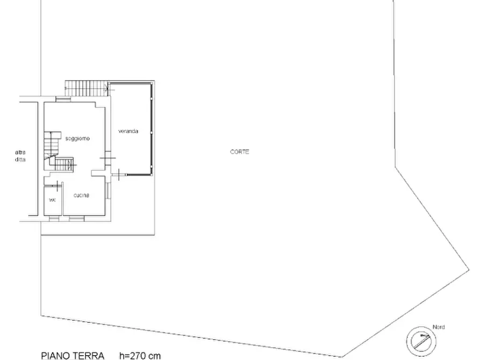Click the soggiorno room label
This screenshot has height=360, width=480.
[x=77, y=139]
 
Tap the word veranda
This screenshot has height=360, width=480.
[x=128, y=131]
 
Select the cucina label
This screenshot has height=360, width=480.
[x=81, y=195]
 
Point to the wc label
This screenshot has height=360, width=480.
[x=52, y=200]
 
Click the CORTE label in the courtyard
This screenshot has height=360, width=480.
[x=239, y=152]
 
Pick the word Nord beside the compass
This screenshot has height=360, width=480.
[x=439, y=327]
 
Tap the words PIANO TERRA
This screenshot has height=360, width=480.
[x=73, y=356]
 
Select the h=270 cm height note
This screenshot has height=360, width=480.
[x=140, y=356]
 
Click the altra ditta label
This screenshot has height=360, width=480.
[x=20, y=156]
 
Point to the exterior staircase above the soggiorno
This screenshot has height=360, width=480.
[x=87, y=88]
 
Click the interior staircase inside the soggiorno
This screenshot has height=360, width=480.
[x=58, y=152]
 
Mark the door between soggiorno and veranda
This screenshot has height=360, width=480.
[x=108, y=159]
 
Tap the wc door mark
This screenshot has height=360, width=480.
[x=57, y=185]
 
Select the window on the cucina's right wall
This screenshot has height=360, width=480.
[x=108, y=190]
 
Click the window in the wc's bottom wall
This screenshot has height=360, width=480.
[x=54, y=218]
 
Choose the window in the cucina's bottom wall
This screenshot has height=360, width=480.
[x=76, y=218]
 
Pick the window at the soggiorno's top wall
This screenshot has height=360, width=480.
[x=63, y=99]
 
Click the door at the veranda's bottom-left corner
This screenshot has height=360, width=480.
[x=118, y=175]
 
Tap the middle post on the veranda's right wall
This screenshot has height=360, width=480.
[x=151, y=132]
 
